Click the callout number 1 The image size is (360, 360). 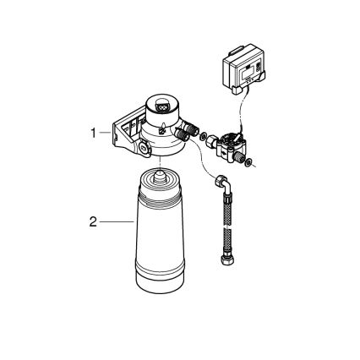point(95,133)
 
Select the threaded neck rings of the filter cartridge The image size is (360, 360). point(157,204)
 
